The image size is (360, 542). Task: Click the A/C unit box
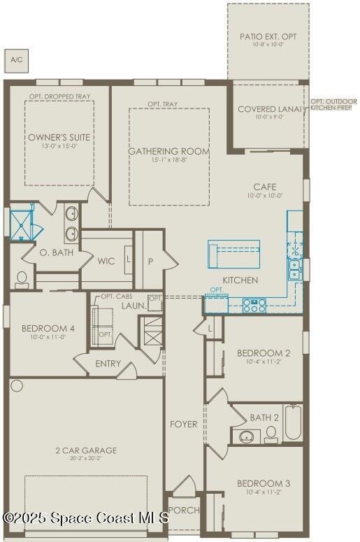[15, 61]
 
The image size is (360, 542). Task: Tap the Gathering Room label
[169, 152]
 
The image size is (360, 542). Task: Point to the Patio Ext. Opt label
[268, 36]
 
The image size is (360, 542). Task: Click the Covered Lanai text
[268, 109]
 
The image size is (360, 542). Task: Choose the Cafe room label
[265, 187]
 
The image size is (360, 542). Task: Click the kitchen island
[233, 253]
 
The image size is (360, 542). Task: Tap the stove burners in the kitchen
[254, 304]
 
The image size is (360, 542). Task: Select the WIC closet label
[106, 261]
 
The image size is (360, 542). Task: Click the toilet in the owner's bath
[22, 280]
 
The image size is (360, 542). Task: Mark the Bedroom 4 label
[48, 328]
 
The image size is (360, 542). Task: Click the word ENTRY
[108, 364]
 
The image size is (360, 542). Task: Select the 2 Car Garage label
[87, 451]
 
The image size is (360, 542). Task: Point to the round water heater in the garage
[17, 385]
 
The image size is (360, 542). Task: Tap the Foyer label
[184, 424]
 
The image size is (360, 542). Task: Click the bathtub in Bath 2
[292, 422]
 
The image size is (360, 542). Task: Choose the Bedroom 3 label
[264, 483]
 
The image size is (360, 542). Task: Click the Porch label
[184, 511]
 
